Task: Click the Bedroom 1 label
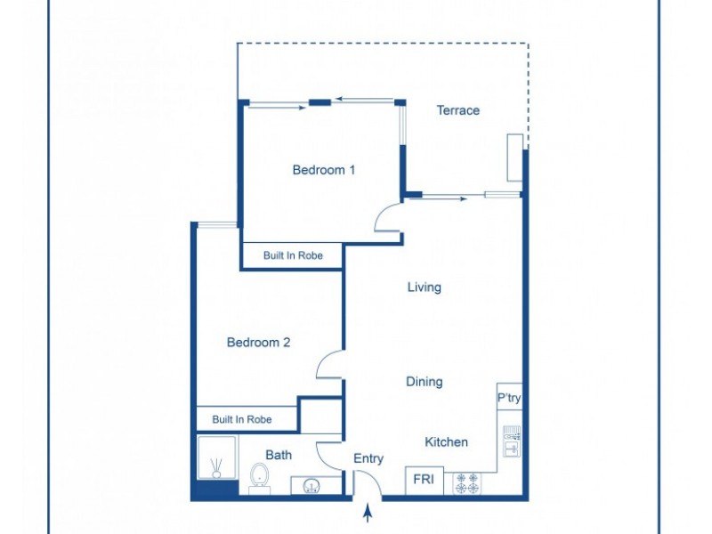[x=324, y=170]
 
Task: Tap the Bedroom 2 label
[x=258, y=342]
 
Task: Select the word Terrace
[x=457, y=110]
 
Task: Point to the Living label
[x=425, y=287]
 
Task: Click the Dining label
[x=425, y=382]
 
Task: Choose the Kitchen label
[x=446, y=441]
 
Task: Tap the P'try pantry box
[x=509, y=398]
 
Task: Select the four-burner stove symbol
[x=467, y=483]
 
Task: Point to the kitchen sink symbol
[x=511, y=441]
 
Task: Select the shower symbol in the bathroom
[x=215, y=460]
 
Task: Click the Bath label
[x=279, y=455]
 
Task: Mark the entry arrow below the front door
[x=368, y=514]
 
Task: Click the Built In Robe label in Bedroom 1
[x=292, y=255]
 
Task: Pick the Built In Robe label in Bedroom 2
[x=241, y=419]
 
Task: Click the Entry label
[x=368, y=458]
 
